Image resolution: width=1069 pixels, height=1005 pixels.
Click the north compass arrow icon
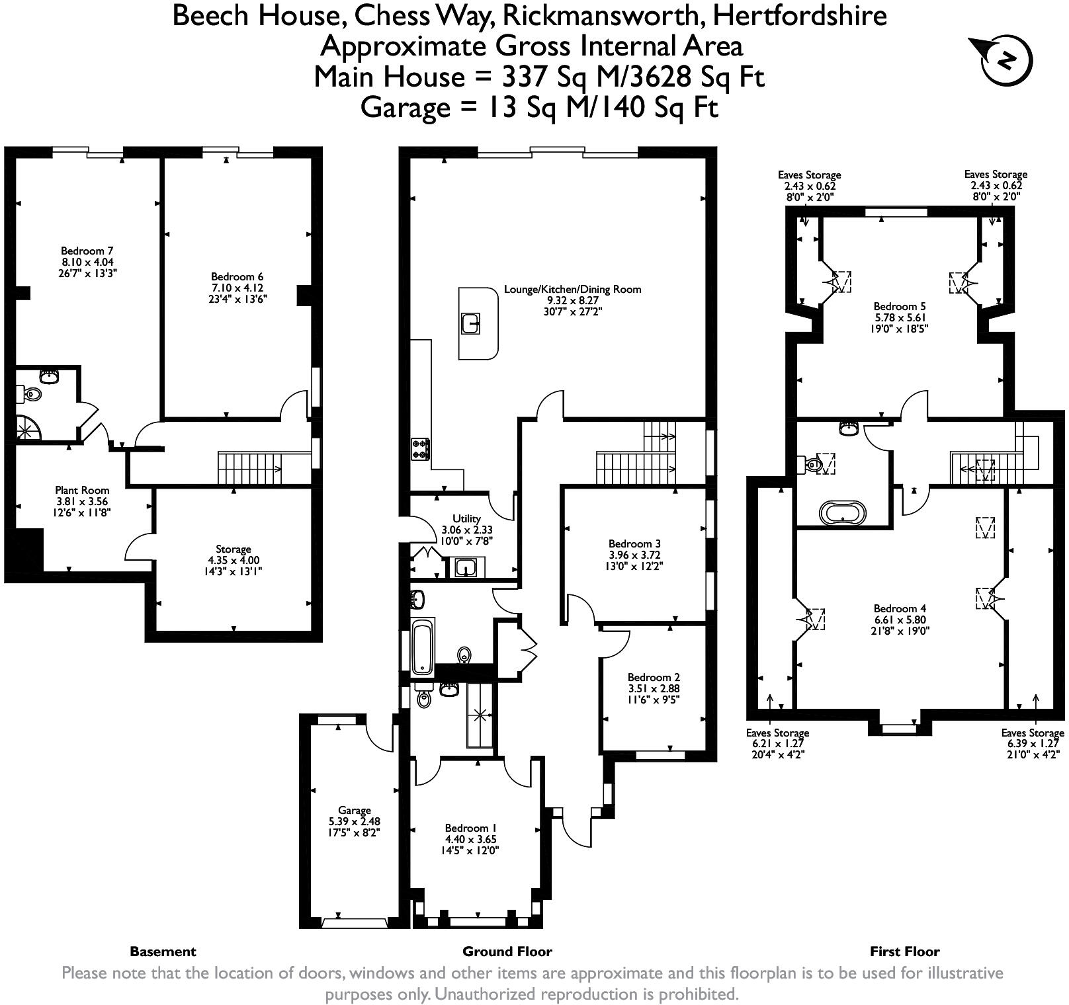pyautogui.click(x=1002, y=60)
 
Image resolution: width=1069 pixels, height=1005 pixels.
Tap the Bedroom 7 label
pyautogui.click(x=87, y=251)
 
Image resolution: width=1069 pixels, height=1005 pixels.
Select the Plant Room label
pyautogui.click(x=82, y=491)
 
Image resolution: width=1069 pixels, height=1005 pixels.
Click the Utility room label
pyautogui.click(x=466, y=519)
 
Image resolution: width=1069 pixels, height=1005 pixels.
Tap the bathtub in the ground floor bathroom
pyautogui.click(x=422, y=646)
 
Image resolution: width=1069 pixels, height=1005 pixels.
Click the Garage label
pyautogui.click(x=355, y=811)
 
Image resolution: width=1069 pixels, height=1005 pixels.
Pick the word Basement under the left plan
pyautogui.click(x=163, y=952)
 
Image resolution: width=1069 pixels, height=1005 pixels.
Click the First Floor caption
pyautogui.click(x=904, y=952)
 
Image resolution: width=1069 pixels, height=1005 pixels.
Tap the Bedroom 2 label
pyautogui.click(x=654, y=677)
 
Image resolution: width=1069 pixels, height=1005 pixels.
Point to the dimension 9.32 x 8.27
pyautogui.click(x=572, y=300)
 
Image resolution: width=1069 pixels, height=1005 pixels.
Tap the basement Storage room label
pyautogui.click(x=233, y=549)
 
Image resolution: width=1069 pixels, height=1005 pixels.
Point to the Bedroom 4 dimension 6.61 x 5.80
pyautogui.click(x=900, y=620)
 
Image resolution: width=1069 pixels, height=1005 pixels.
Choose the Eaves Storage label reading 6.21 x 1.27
pyautogui.click(x=777, y=744)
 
